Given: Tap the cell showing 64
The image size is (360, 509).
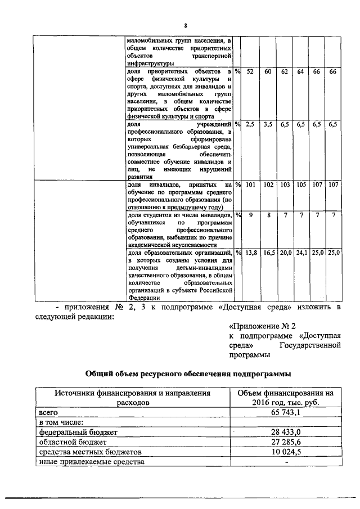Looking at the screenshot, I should (x=301, y=72).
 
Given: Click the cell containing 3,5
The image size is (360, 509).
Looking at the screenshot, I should (x=268, y=124).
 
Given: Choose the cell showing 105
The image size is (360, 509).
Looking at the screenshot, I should (x=301, y=184).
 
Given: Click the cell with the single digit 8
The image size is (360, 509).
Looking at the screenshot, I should (x=268, y=215).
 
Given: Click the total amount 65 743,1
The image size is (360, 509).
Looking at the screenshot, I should (x=285, y=412).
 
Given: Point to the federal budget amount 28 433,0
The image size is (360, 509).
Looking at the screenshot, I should (x=285, y=432).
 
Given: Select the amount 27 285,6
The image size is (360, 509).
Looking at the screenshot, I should (x=285, y=442).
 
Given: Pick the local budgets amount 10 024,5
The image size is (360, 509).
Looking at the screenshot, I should (x=285, y=452).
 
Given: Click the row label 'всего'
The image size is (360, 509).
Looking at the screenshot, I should (x=48, y=412).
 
